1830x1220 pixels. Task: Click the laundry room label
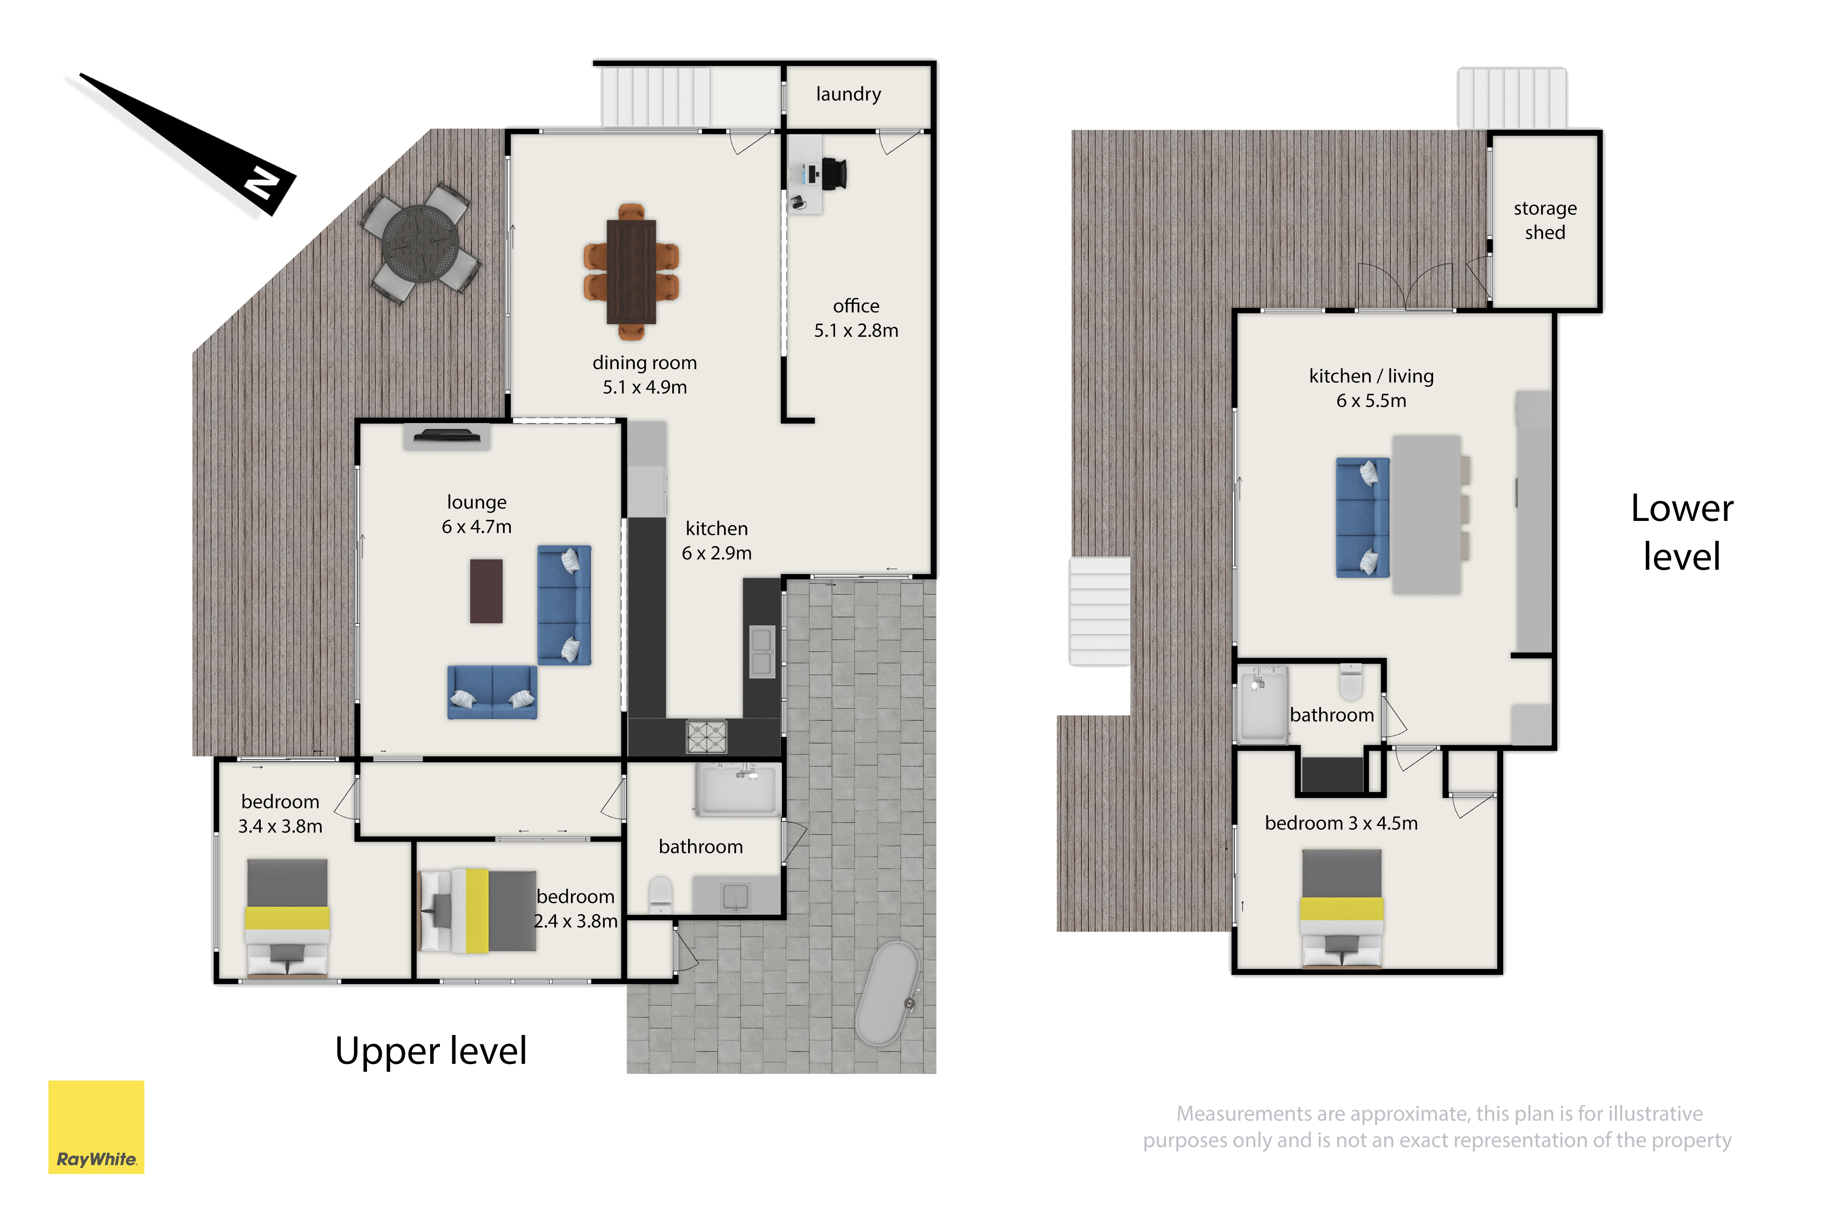tap(848, 94)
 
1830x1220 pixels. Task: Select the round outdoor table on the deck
tap(420, 242)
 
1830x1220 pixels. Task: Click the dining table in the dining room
tap(631, 272)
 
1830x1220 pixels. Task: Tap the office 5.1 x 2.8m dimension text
tap(856, 331)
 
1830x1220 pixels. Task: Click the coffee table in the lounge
tap(486, 591)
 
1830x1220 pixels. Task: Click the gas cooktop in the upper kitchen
tap(706, 736)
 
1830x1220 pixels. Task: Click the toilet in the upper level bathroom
tap(660, 895)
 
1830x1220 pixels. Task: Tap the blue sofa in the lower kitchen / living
tap(1362, 517)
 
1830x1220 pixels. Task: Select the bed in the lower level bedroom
tap(1341, 908)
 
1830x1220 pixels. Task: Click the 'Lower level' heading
tap(1682, 532)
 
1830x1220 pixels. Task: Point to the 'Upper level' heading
tap(431, 1050)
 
